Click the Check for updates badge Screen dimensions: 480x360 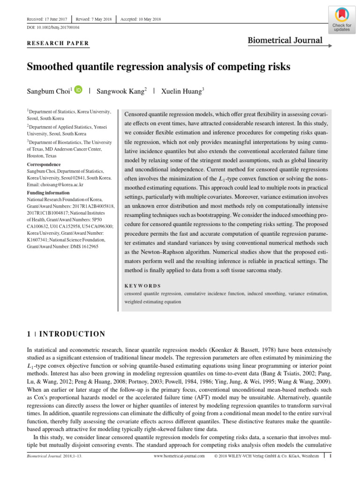[x=341, y=20]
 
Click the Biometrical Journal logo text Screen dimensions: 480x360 [x=285, y=40]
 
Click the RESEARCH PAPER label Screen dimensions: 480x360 [x=58, y=44]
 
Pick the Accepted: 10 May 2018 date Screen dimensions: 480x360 [x=141, y=19]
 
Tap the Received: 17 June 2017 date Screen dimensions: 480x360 [x=47, y=19]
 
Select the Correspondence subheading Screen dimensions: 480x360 [x=44, y=165]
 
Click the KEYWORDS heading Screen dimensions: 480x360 [x=142, y=285]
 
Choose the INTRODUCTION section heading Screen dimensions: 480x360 [x=72, y=334]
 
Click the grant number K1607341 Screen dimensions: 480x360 [x=41, y=240]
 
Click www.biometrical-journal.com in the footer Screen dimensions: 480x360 [x=180, y=456]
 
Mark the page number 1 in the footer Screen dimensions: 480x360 [x=330, y=456]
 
